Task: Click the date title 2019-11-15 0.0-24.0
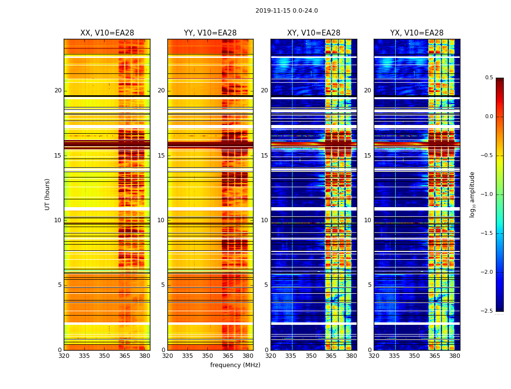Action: click(287, 11)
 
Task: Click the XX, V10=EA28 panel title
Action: click(107, 33)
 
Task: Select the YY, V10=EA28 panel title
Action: click(210, 33)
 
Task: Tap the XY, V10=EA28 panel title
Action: click(313, 33)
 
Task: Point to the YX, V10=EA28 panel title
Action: click(417, 33)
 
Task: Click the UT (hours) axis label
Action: click(48, 194)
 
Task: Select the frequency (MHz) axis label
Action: click(235, 365)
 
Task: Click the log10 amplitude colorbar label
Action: click(473, 194)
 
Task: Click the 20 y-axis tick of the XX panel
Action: click(58, 90)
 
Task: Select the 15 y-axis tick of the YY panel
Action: click(161, 156)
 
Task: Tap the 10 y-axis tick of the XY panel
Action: click(264, 220)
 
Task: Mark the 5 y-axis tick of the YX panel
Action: click(370, 285)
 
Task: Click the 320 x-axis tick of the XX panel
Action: click(64, 356)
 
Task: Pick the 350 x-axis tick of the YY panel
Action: click(208, 356)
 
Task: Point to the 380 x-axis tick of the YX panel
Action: click(455, 356)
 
